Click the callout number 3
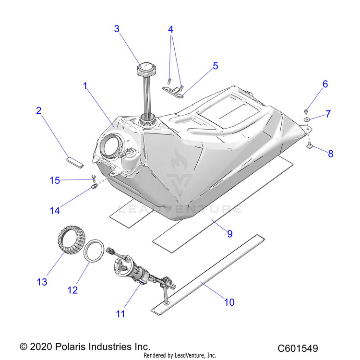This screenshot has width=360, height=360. tap(117, 29)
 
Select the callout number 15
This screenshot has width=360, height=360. tap(55, 180)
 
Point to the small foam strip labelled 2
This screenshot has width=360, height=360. tap(75, 162)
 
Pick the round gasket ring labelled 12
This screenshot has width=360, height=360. tap(94, 250)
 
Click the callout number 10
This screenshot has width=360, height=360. tap(229, 302)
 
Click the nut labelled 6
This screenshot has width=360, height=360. tap(306, 111)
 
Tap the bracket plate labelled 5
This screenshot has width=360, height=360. tap(173, 92)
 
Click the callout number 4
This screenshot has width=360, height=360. tap(170, 29)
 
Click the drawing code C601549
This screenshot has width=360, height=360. tap(298, 348)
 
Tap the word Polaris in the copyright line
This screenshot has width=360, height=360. tap(71, 347)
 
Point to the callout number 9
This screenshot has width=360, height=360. tap(230, 234)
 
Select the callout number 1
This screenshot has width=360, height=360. tap(85, 86)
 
